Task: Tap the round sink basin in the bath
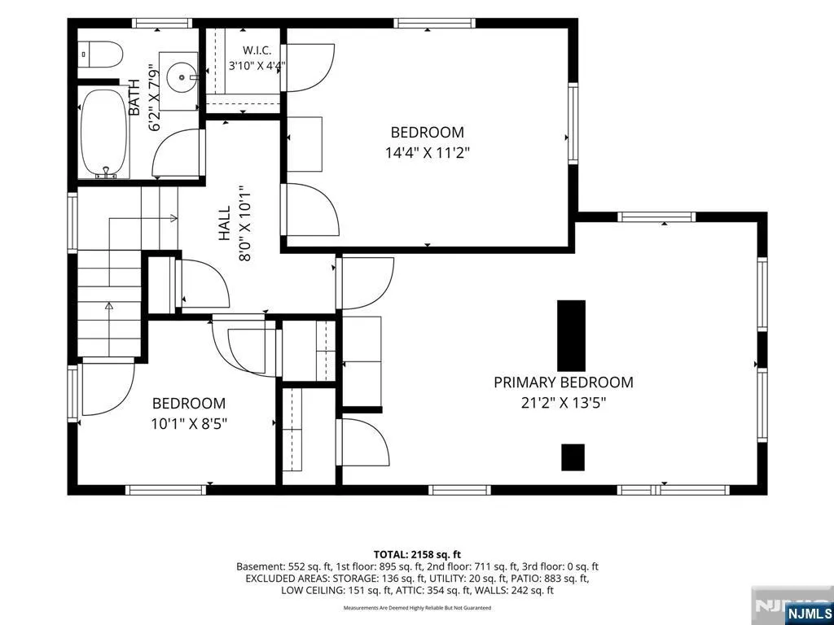tap(182, 77)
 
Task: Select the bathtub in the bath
tap(104, 133)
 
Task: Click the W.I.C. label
tap(257, 50)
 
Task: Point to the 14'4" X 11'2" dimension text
tap(428, 153)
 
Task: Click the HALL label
tap(225, 223)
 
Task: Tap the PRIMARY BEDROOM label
tap(564, 382)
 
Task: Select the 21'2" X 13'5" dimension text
tap(564, 403)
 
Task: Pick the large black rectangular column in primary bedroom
tap(571, 336)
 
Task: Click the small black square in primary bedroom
tap(573, 457)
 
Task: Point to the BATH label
tap(134, 98)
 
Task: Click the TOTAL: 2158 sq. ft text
tap(417, 555)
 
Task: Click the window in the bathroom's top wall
tap(162, 23)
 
